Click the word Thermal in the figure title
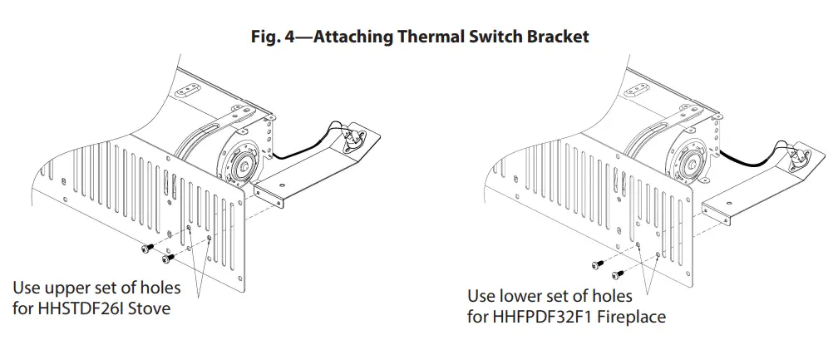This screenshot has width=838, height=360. pos(441,37)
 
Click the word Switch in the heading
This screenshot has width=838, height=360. pos(502,37)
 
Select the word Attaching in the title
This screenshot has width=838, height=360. pos(367,37)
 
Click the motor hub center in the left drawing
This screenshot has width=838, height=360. pos(246,163)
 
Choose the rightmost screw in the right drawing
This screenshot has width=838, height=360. pos(617,274)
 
